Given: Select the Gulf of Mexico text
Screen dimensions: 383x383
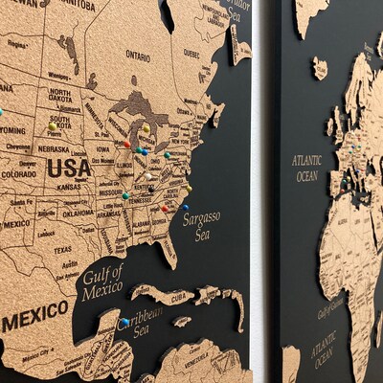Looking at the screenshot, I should click(x=102, y=282).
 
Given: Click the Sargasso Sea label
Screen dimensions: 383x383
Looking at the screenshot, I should click(x=201, y=225).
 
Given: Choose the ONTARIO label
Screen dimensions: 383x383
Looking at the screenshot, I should click(x=138, y=56).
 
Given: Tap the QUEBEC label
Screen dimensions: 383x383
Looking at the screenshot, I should click(x=191, y=54).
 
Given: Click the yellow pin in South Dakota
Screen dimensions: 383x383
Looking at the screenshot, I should click(x=52, y=126).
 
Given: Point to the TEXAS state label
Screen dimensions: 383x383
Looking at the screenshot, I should click(x=62, y=250).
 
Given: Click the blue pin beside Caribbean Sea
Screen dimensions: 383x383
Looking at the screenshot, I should click(x=124, y=322).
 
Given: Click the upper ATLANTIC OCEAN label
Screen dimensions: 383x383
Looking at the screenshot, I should click(x=306, y=169).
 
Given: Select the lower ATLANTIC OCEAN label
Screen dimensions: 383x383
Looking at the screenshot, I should click(x=322, y=349).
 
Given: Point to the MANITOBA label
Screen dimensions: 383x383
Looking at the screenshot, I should click(x=78, y=5).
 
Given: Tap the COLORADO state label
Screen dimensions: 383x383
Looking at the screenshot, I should click(x=18, y=174).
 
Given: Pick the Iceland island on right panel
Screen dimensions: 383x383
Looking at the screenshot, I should click(x=319, y=68).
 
